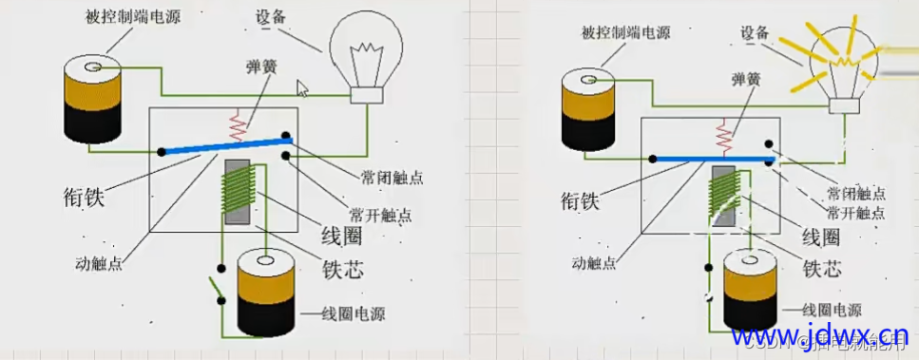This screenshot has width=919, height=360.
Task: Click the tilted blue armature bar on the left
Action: pos(225,145)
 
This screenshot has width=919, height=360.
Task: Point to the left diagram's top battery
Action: pos(92,99)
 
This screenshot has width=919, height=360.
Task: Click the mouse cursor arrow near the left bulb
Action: pos(302,88)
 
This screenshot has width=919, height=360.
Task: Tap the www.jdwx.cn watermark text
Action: pos(819,335)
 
